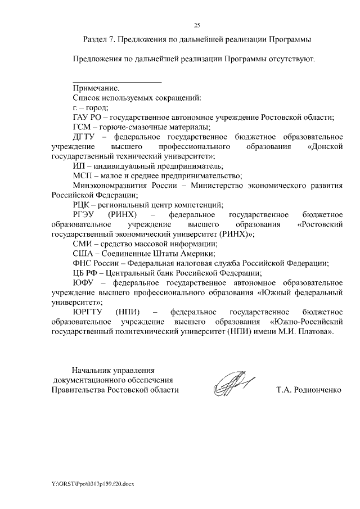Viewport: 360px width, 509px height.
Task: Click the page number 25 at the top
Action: click(197, 25)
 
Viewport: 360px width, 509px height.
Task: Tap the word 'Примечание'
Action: click(96, 88)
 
